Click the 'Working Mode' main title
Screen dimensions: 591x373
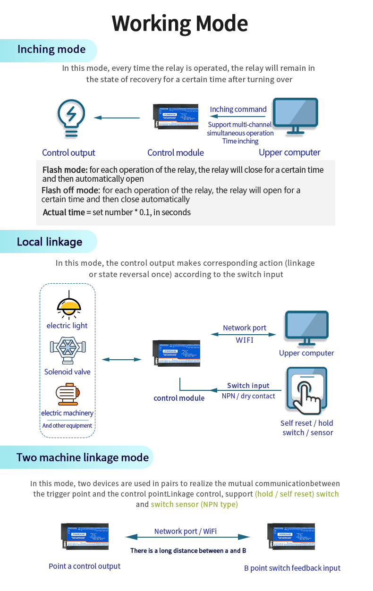180,24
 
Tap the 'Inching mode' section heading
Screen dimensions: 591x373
51,50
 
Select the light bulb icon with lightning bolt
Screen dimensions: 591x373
71,118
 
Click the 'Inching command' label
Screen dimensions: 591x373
238,110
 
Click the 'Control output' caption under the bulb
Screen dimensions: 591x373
68,152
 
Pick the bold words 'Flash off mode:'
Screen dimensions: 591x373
71,190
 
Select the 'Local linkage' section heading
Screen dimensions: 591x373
50,242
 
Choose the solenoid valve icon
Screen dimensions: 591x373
67,350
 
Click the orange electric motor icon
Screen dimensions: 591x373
68,394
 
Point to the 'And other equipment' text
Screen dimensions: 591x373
67,426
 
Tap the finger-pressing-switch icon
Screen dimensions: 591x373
306,390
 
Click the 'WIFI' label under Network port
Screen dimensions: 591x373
245,340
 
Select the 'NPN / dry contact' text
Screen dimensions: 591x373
248,396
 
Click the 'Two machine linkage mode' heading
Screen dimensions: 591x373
83,457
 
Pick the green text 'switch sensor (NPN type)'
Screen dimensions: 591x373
195,504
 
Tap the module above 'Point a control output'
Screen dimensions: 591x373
85,536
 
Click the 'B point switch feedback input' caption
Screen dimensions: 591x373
292,568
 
